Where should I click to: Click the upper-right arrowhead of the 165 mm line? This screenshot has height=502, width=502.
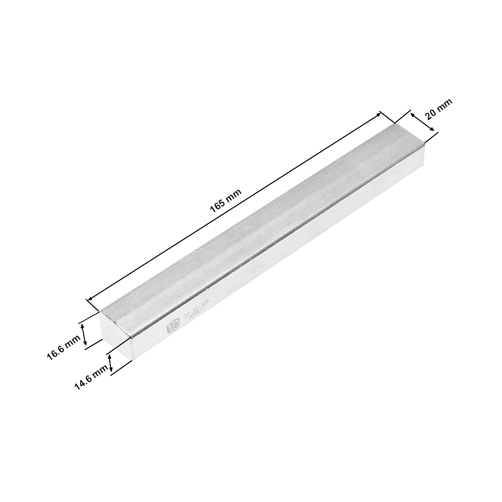coord(379,113)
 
